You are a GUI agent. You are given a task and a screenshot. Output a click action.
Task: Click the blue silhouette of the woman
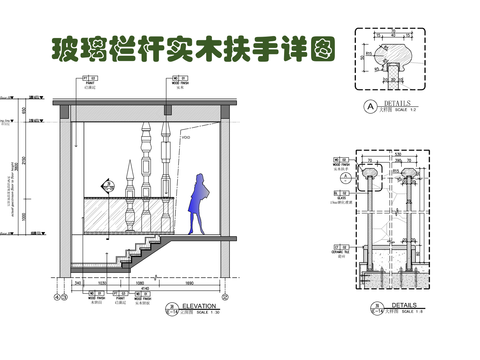(199, 203)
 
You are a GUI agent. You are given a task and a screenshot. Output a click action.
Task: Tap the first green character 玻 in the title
(52, 50)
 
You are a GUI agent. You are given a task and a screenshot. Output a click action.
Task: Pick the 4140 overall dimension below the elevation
(146, 291)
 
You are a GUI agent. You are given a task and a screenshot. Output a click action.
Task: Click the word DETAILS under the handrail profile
(398, 103)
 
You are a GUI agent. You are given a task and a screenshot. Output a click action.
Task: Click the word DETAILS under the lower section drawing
(403, 307)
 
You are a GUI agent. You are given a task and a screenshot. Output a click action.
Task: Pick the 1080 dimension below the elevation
(141, 284)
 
